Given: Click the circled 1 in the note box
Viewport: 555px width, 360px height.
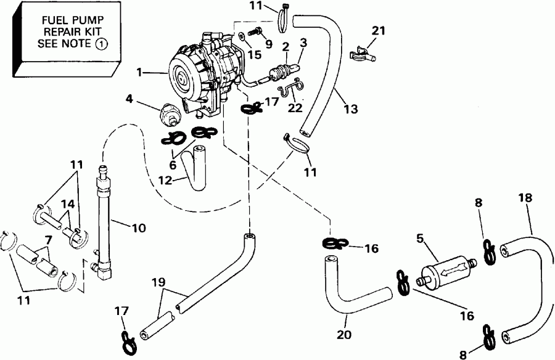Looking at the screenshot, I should coord(100,43).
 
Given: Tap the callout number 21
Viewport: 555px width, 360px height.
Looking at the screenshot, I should coord(378,31).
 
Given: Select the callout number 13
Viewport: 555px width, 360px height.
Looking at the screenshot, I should coord(350,110).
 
